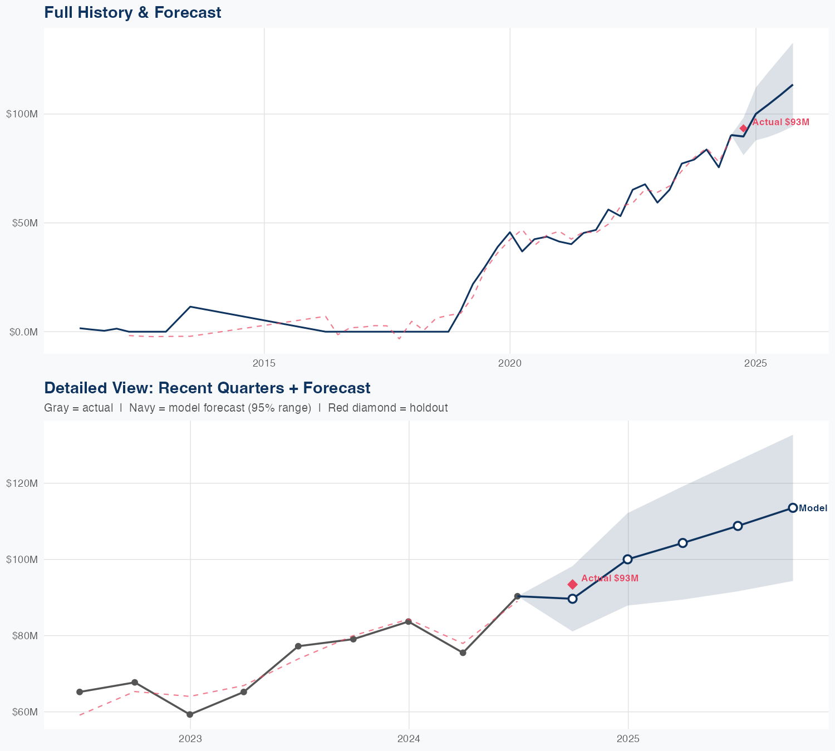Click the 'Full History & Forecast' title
[x=132, y=12]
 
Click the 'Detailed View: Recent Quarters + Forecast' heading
[x=207, y=388]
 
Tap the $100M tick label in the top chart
[x=22, y=114]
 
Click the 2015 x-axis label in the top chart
[x=264, y=364]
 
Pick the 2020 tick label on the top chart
[x=510, y=364]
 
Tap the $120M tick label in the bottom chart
[x=22, y=483]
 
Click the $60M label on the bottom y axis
[x=23, y=712]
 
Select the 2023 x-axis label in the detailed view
[x=190, y=739]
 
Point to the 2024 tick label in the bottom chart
[x=409, y=739]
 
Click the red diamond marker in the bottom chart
[x=572, y=584]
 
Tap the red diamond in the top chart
[x=743, y=129]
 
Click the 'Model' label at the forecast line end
[x=813, y=508]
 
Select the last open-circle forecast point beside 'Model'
[x=793, y=508]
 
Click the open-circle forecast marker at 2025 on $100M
[x=628, y=559]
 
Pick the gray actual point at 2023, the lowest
[x=190, y=714]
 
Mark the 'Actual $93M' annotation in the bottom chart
[x=610, y=579]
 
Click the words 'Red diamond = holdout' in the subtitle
[x=388, y=408]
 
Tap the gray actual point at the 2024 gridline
[x=409, y=621]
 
